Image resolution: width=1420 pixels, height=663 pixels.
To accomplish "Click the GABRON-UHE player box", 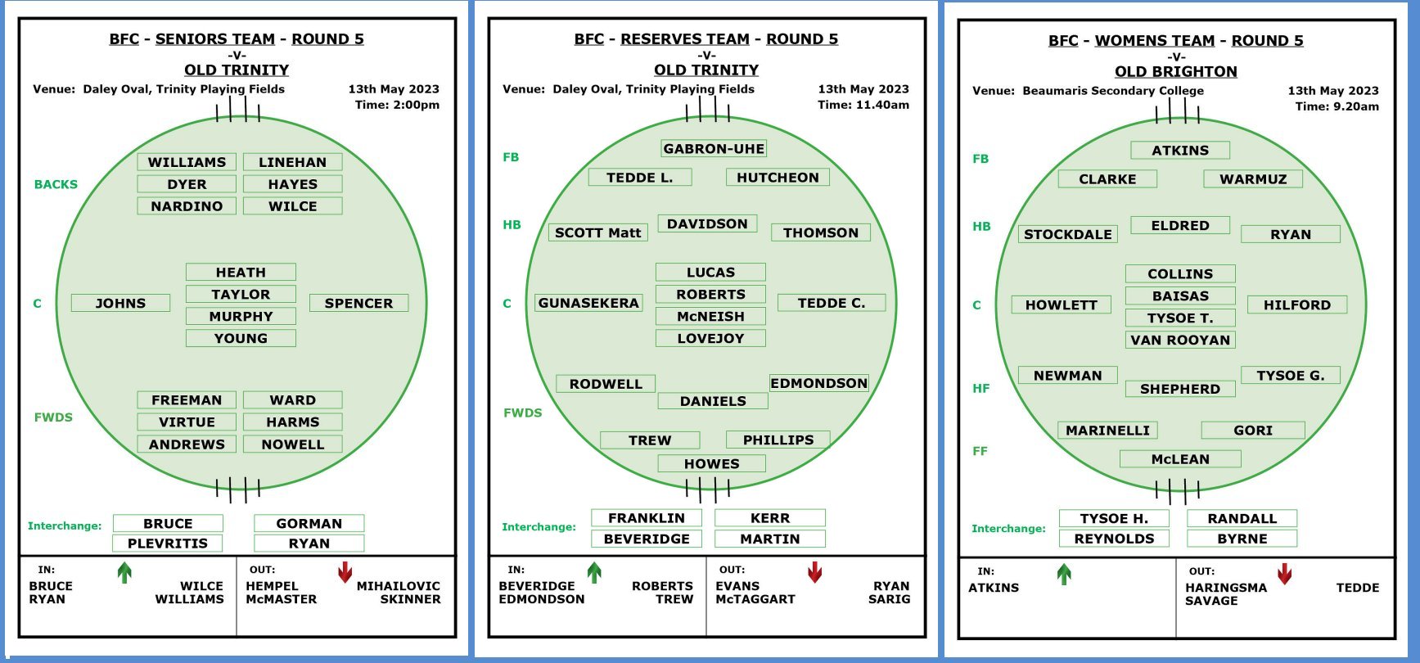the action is pyautogui.click(x=714, y=148).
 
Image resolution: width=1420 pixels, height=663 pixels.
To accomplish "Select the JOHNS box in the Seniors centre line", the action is pyautogui.click(x=120, y=303).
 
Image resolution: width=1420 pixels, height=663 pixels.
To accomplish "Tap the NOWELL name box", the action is pyautogui.click(x=292, y=444).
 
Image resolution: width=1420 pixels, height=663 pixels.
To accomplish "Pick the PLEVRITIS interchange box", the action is pyautogui.click(x=168, y=543).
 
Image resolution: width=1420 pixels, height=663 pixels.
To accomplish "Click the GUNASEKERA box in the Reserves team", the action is pyautogui.click(x=588, y=303).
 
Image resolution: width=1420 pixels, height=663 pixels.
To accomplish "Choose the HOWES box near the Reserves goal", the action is pyautogui.click(x=712, y=463).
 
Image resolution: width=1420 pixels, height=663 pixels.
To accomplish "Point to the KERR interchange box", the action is pyautogui.click(x=770, y=517).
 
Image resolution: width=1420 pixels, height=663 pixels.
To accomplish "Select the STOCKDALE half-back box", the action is pyautogui.click(x=1068, y=234).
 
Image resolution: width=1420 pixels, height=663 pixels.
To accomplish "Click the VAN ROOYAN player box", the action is pyautogui.click(x=1180, y=340).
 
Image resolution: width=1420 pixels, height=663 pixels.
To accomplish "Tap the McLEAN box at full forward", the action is pyautogui.click(x=1180, y=459).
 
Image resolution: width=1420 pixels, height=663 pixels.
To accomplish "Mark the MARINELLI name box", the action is pyautogui.click(x=1107, y=430).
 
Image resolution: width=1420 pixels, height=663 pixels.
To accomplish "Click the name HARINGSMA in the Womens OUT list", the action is pyautogui.click(x=1226, y=588).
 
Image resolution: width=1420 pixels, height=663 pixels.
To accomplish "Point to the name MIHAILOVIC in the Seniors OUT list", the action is pyautogui.click(x=399, y=586).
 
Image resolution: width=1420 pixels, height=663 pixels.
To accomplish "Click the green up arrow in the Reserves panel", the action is pyautogui.click(x=594, y=572).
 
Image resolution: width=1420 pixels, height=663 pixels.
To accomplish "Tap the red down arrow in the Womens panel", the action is pyautogui.click(x=1285, y=574).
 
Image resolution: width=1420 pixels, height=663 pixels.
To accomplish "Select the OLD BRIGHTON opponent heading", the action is pyautogui.click(x=1176, y=71).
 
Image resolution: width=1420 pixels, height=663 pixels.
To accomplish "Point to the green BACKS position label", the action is pyautogui.click(x=56, y=184).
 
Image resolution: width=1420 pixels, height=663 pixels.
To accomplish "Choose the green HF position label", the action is pyautogui.click(x=981, y=388).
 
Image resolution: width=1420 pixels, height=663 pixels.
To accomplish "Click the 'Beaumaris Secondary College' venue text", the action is pyautogui.click(x=1113, y=91).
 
